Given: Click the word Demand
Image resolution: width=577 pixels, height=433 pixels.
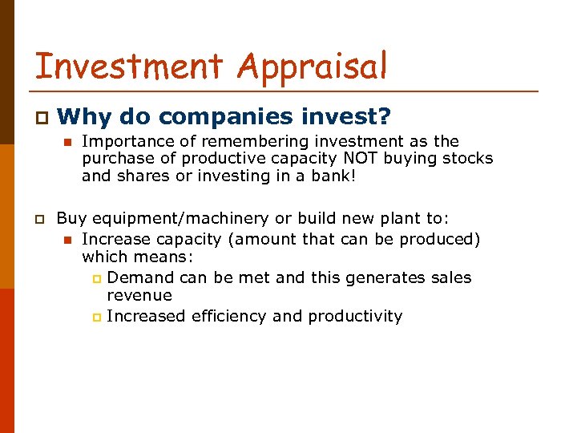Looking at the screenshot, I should tap(141, 277).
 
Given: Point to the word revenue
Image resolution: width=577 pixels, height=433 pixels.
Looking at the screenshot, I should tap(139, 295).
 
